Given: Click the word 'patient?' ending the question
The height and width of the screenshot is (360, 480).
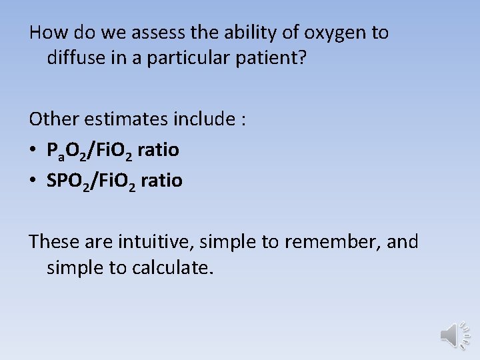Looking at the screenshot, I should (x=273, y=58).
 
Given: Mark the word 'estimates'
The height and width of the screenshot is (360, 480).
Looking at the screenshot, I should (x=135, y=119).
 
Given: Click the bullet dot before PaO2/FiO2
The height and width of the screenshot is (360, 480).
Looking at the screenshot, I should (x=34, y=151).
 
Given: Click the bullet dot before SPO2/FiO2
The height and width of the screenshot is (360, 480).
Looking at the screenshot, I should (x=34, y=181).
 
